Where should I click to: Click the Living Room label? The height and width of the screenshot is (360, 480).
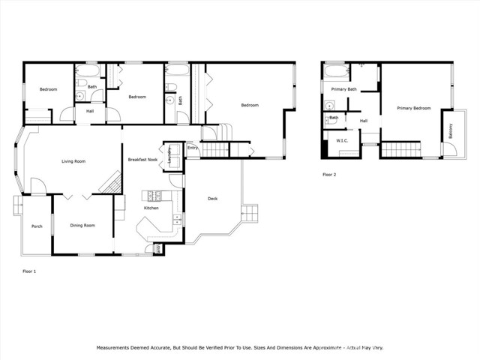73,161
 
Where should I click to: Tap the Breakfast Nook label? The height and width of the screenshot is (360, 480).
142,160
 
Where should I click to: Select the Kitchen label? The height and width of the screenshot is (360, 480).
151,208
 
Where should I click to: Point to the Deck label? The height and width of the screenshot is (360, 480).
212,199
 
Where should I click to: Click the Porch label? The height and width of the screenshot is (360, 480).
36,226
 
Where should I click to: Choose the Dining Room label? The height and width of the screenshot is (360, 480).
82,225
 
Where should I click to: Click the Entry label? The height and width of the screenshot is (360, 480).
193,148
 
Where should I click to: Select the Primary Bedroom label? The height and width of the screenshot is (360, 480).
414,108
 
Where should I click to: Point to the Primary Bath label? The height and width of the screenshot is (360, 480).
343,89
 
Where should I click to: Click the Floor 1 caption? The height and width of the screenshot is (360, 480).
29,271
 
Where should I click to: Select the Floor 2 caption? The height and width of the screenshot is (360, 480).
329,174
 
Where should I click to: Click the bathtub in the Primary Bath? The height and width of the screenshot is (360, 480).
335,73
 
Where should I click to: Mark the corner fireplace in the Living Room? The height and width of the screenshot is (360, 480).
112,182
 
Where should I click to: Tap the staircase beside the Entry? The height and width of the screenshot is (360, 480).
214,149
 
